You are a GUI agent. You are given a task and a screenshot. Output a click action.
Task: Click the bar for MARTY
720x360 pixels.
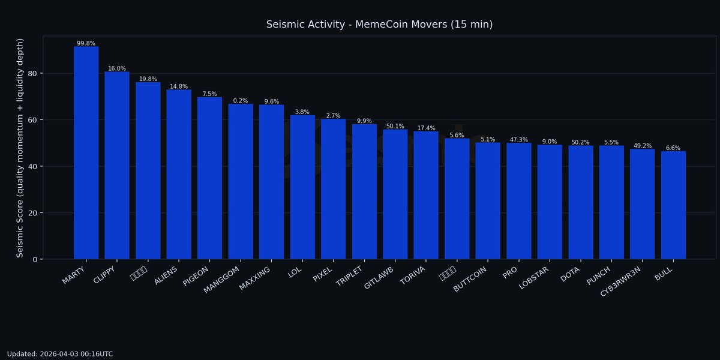click(86, 153)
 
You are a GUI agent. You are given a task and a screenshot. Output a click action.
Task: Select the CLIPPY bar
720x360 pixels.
click(117, 165)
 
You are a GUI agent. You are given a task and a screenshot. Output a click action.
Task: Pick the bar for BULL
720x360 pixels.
click(673, 205)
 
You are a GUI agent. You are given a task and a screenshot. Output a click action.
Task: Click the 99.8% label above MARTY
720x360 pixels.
click(86, 43)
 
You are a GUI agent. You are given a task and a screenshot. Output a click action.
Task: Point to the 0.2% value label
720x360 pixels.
click(241, 101)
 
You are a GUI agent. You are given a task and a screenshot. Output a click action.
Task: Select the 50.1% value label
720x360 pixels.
click(395, 126)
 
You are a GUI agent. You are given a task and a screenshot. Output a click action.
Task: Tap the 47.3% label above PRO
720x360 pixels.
click(518, 140)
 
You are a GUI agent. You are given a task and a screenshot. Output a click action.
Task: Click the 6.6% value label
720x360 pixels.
click(673, 148)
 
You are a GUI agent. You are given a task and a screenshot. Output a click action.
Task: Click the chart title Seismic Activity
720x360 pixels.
click(379, 25)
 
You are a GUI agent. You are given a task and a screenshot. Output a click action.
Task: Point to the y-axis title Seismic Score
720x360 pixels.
click(20, 148)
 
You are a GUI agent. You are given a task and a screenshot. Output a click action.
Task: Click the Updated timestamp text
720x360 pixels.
click(60, 354)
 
